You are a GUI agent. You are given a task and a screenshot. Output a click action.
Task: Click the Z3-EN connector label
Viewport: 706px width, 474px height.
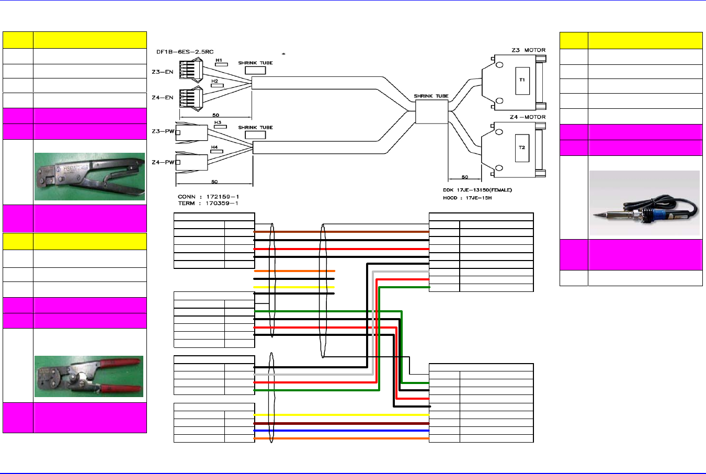tap(162, 72)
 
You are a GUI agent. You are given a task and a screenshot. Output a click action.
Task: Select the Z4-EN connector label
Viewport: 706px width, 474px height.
tap(162, 98)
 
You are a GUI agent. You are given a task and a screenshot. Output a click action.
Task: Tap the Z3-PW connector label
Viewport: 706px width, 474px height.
tap(163, 131)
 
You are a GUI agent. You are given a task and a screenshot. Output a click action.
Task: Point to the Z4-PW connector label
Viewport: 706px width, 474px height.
tap(163, 162)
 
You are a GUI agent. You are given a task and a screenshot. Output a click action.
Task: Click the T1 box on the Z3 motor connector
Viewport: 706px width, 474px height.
tap(522, 80)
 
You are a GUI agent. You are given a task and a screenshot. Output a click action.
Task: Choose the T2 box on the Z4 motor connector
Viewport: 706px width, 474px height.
tap(522, 148)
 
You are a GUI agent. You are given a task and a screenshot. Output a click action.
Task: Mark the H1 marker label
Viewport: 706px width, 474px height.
tap(219, 61)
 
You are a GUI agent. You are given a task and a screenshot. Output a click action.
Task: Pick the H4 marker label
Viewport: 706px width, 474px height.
tap(214, 148)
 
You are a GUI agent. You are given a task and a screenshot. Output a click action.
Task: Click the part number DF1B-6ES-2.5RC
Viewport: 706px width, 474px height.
tap(185, 52)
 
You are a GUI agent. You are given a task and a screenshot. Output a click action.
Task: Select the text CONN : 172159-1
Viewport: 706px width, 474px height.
tap(208, 197)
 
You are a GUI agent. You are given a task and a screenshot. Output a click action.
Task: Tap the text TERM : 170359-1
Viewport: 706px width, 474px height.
tap(208, 204)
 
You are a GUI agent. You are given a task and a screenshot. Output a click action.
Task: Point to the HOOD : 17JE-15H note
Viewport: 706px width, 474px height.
tap(467, 198)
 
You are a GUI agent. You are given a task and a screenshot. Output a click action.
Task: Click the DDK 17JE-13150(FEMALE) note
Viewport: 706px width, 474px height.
tap(477, 190)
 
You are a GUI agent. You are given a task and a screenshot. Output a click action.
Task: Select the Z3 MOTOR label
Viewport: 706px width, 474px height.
tap(528, 50)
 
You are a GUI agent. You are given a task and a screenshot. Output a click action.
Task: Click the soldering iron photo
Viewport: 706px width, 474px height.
tap(644, 204)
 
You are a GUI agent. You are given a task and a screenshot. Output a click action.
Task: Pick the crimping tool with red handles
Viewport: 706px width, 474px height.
tap(89, 377)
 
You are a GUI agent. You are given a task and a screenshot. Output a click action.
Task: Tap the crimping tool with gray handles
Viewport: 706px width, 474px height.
tap(89, 177)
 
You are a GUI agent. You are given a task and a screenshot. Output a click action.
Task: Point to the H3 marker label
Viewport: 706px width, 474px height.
tap(218, 123)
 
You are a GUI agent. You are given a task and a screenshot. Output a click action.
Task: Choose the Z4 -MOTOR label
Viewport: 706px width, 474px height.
tap(527, 117)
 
